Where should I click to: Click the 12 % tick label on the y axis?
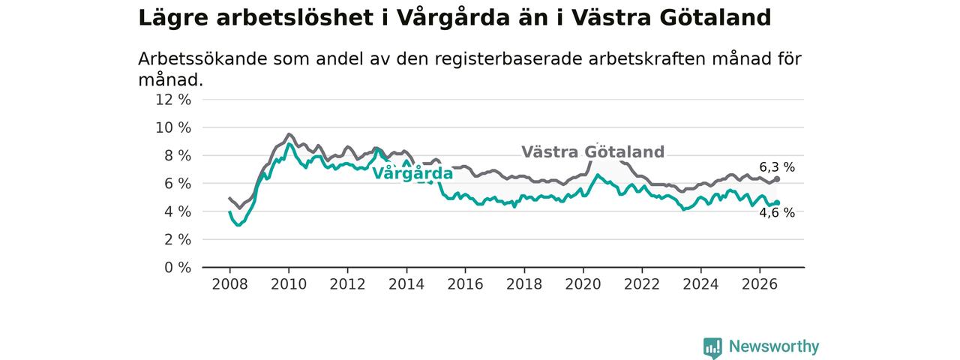[173, 100]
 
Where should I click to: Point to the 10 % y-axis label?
[173, 127]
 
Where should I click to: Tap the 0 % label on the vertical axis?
[178, 268]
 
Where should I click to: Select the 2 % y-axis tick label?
[178, 240]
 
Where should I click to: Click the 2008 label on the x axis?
[229, 284]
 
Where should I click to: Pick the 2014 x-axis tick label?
[406, 284]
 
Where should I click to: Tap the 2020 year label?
[583, 284]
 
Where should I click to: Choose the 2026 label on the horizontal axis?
[760, 284]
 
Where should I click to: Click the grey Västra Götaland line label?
[592, 152]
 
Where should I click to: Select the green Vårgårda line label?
[412, 173]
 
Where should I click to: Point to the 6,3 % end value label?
[777, 167]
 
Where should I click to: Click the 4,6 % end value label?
[777, 212]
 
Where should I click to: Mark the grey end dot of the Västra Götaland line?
[777, 179]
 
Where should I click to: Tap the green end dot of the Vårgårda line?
[777, 202]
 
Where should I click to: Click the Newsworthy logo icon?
[712, 347]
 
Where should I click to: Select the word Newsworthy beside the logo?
[774, 346]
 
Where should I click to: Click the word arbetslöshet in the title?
[295, 18]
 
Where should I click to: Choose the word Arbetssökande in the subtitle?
[202, 58]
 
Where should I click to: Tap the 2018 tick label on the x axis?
[524, 284]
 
